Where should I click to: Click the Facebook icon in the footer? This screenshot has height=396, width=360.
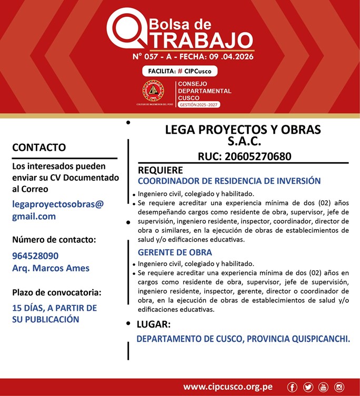(x=293, y=387)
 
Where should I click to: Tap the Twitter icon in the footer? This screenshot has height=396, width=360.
(x=308, y=387)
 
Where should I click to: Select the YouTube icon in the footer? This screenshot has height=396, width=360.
(x=323, y=387)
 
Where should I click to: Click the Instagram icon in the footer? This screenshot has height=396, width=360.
(x=339, y=387)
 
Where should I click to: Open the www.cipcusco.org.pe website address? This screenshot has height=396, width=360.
(x=228, y=387)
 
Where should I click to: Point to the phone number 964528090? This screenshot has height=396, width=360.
(x=35, y=256)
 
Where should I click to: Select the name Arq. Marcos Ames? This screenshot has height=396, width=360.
(x=51, y=268)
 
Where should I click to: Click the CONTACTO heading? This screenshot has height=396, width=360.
(x=39, y=147)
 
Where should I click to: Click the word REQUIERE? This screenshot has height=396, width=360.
(x=161, y=170)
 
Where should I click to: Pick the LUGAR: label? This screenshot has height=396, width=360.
(x=153, y=324)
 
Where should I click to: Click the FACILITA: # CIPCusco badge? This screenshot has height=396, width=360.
(x=179, y=71)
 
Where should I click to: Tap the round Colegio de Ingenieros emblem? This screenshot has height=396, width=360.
(x=153, y=91)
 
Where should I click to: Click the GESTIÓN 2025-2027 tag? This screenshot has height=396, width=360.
(x=199, y=105)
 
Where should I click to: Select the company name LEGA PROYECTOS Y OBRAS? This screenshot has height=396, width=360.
(x=243, y=130)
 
